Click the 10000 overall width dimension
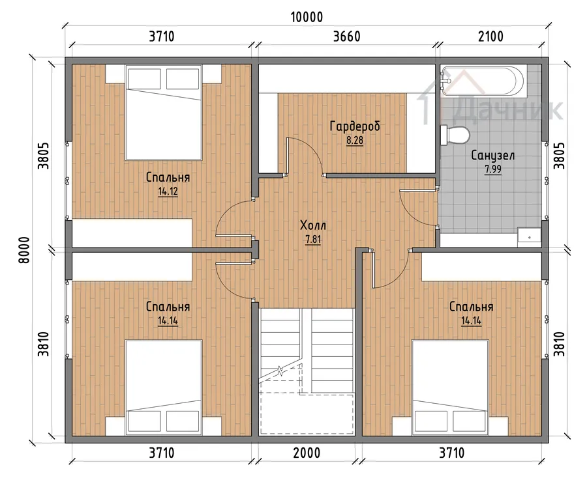307,17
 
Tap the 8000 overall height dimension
24,250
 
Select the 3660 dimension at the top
346,36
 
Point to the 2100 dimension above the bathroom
490,36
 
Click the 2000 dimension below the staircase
307,453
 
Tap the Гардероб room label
355,126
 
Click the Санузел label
492,155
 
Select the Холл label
313,225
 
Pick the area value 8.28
355,141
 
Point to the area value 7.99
493,169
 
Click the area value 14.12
168,191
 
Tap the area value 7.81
313,239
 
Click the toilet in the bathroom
455,135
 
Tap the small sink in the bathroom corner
530,237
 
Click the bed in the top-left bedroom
164,113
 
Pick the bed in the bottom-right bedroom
450,387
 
